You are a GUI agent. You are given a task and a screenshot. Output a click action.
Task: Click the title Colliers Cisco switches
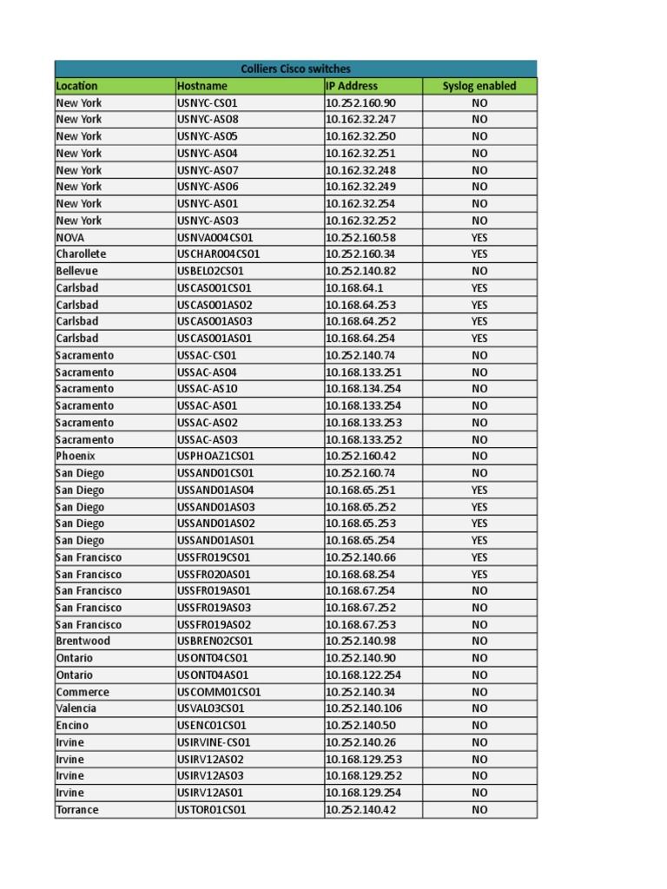pyautogui.click(x=295, y=69)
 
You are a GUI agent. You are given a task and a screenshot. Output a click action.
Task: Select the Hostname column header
pyautogui.click(x=202, y=86)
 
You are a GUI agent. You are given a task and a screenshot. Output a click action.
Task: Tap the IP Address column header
pyautogui.click(x=352, y=86)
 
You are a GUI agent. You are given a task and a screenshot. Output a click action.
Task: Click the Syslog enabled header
pyautogui.click(x=479, y=86)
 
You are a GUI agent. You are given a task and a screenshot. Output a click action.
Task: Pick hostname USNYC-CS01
pyautogui.click(x=208, y=102)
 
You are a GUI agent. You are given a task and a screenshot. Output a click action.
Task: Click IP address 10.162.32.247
pyautogui.click(x=360, y=119)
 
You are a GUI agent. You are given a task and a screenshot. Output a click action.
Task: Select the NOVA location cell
pyautogui.click(x=70, y=237)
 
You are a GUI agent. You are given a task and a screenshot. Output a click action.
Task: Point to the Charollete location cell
pyautogui.click(x=81, y=254)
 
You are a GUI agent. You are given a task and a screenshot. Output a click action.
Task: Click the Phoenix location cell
pyautogui.click(x=76, y=456)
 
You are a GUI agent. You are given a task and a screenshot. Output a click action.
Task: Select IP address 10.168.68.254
pyautogui.click(x=360, y=574)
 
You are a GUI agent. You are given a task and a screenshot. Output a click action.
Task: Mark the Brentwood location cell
pyautogui.click(x=83, y=641)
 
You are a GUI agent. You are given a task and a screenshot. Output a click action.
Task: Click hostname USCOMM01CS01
pyautogui.click(x=219, y=692)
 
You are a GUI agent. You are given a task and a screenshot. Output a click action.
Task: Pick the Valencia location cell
pyautogui.click(x=76, y=708)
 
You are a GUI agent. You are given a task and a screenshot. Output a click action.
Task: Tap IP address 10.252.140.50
pyautogui.click(x=360, y=725)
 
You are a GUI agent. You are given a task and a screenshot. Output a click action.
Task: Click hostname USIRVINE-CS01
pyautogui.click(x=214, y=742)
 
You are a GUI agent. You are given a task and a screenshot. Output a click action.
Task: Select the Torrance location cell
pyautogui.click(x=77, y=810)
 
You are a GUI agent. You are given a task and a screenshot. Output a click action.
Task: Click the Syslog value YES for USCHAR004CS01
pyautogui.click(x=479, y=254)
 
